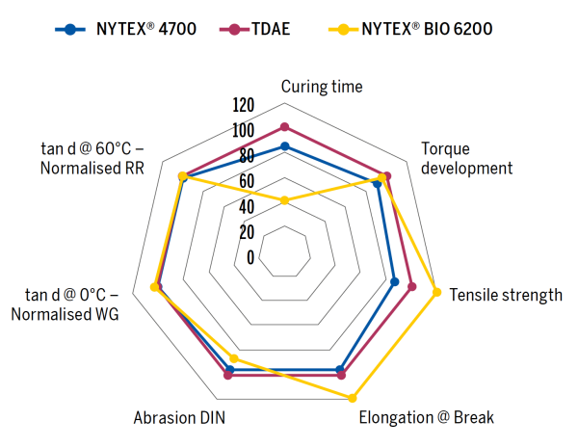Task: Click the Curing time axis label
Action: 322,87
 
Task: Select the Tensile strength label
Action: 506,295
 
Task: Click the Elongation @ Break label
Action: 426,418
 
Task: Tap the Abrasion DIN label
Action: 179,418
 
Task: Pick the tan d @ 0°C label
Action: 71,303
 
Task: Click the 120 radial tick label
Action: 244,105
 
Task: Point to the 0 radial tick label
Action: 250,257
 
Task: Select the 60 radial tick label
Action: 247,181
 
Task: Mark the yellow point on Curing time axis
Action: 284,200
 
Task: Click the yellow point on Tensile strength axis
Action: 437,293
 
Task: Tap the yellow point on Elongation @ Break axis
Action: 353,397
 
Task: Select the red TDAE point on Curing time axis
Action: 284,127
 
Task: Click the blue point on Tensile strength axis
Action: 394,282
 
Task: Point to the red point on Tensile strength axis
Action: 412,286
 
